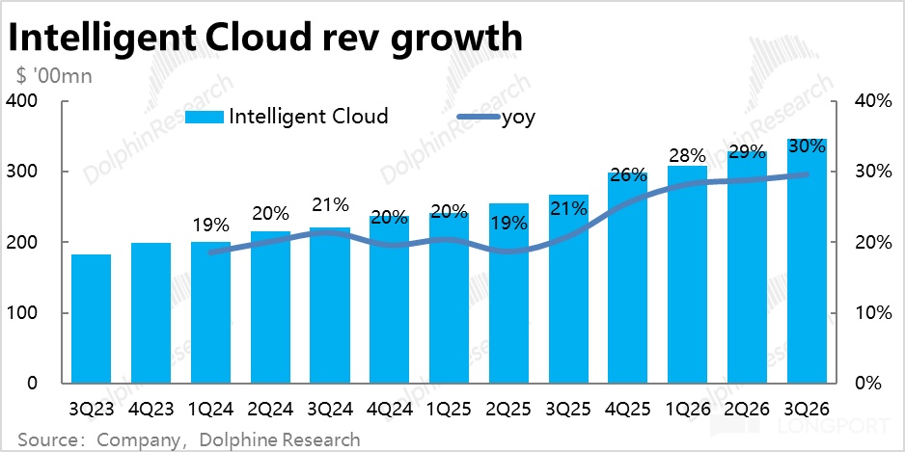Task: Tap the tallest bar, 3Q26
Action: (807, 260)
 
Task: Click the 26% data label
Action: (627, 175)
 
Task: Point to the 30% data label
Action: (807, 146)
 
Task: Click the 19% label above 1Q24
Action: (210, 226)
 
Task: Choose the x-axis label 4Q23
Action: (151, 408)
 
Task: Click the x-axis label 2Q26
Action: (747, 408)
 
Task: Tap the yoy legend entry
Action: (517, 118)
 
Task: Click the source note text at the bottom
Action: (189, 439)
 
